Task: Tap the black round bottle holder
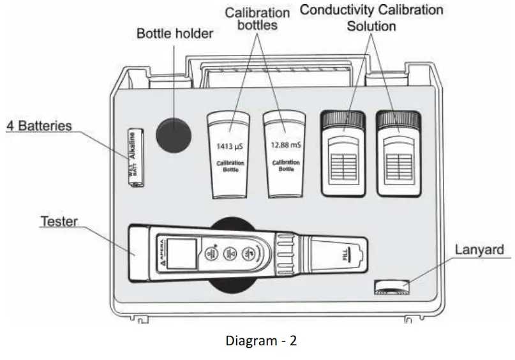[174, 134]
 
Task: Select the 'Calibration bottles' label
[255, 19]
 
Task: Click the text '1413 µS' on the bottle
[230, 146]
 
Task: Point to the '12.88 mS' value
[285, 145]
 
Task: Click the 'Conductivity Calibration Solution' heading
[371, 19]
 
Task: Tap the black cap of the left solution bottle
[343, 119]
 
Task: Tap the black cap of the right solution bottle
[398, 119]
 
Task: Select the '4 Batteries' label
[39, 126]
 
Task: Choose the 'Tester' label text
[59, 221]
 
